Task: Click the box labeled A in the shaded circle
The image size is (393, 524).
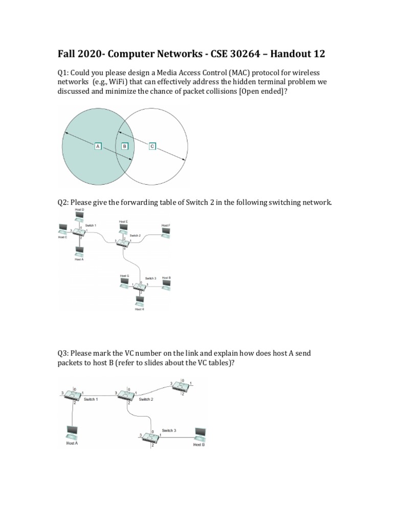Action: tap(97, 146)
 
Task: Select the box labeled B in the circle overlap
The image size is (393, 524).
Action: tap(124, 146)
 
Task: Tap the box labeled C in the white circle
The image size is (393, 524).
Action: tap(152, 146)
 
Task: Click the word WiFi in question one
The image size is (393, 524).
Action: tap(119, 82)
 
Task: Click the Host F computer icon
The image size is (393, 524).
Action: tap(166, 232)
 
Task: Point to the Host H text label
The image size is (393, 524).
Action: tap(140, 310)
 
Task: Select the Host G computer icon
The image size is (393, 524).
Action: tap(124, 283)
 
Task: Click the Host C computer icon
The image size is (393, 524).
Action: tap(63, 229)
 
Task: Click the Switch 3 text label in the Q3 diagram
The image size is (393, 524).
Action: tap(169, 430)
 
